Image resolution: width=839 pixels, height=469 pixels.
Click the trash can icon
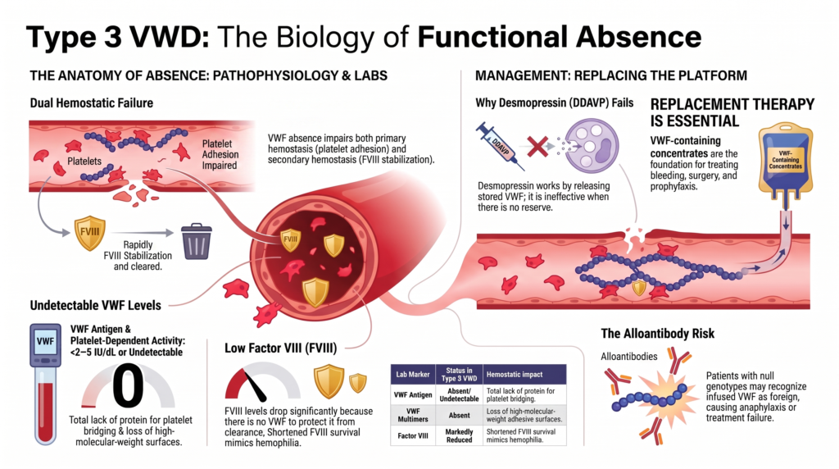click(197, 241)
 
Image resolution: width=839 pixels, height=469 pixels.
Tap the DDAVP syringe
click(501, 146)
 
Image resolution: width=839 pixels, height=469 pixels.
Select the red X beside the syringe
click(537, 146)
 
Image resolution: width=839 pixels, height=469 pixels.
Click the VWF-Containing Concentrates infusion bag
click(786, 161)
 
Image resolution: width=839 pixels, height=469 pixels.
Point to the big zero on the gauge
click(128, 385)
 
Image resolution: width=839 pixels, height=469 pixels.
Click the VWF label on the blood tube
click(46, 342)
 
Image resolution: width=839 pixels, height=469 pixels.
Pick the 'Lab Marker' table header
click(413, 374)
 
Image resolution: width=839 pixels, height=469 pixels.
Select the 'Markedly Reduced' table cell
click(459, 436)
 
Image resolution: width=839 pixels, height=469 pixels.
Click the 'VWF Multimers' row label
click(413, 415)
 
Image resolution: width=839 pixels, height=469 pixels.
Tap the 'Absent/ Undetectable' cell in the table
click(459, 394)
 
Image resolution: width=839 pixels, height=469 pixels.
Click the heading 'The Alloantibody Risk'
click(658, 334)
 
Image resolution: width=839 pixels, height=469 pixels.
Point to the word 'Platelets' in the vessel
click(84, 162)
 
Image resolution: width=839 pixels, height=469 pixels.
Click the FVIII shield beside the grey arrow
click(89, 233)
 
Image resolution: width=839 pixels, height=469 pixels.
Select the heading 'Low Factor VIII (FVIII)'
click(280, 348)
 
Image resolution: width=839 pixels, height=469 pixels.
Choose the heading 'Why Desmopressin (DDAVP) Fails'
click(555, 102)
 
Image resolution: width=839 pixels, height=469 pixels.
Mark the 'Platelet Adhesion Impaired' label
click(220, 154)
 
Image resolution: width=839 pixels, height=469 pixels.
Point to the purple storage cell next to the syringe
click(592, 146)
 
